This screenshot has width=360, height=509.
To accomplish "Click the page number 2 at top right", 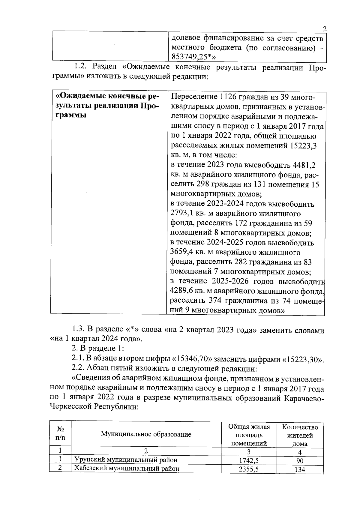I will point(324,29).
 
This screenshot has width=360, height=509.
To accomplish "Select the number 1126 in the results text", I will point(229,97).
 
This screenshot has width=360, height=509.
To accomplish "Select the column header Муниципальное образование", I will point(146,434).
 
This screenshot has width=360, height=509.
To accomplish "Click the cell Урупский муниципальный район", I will point(126,460).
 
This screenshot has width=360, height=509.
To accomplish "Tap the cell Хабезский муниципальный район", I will point(127,468).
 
